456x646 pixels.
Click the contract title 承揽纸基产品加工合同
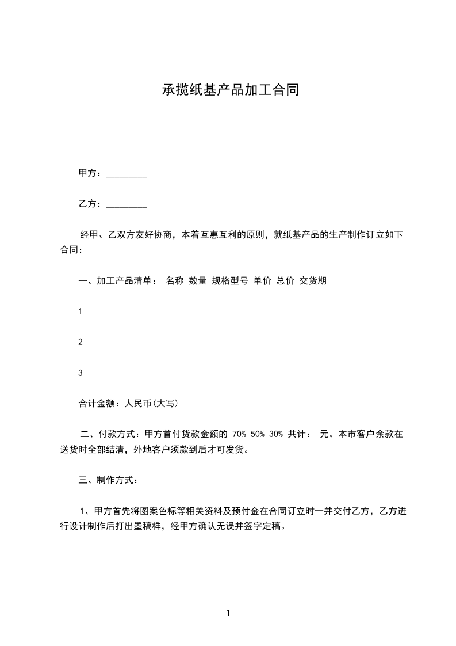coord(230,90)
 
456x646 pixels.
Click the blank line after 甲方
coord(127,174)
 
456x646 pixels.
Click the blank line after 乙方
coord(127,205)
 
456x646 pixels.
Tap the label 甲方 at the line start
coord(87,173)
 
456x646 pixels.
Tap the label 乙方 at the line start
coord(87,204)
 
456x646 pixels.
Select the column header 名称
coord(174,281)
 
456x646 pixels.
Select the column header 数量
coord(198,281)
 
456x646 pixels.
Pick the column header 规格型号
coord(230,281)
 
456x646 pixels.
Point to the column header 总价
coord(285,281)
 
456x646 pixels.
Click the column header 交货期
coord(313,281)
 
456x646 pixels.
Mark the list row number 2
coord(81,342)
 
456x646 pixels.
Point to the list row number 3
coord(81,373)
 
